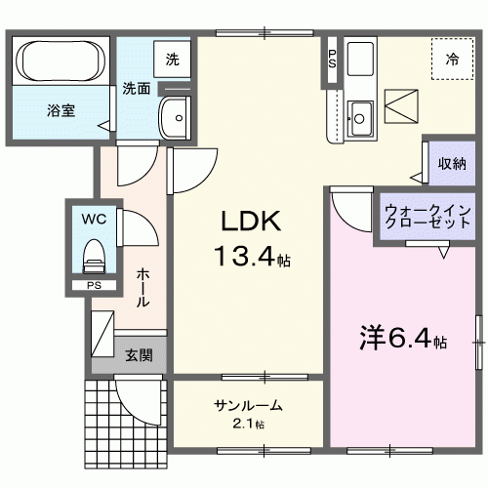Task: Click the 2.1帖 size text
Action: [249, 425]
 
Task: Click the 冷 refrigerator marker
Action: [452, 61]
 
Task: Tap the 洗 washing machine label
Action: [172, 59]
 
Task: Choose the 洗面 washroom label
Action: [136, 89]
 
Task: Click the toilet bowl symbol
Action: [94, 257]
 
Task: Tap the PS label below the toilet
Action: [94, 286]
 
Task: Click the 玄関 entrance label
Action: [138, 354]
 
